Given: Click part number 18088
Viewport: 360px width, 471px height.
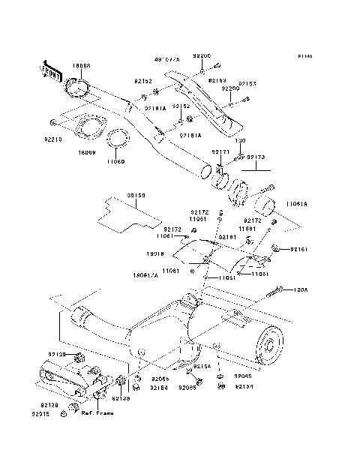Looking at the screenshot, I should click(81, 66).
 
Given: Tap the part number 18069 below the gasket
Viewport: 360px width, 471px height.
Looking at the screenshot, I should click(88, 152).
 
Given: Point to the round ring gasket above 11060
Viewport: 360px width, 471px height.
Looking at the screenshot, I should click(118, 139).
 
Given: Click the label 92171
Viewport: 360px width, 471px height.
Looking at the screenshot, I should click(220, 152).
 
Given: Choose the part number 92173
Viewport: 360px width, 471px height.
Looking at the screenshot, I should click(256, 158).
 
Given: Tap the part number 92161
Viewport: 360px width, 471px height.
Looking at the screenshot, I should click(300, 248).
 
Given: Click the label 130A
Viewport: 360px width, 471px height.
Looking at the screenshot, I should click(302, 287).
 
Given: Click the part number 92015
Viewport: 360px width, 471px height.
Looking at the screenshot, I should click(41, 413).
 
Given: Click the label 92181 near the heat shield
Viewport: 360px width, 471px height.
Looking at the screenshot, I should click(228, 236).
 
